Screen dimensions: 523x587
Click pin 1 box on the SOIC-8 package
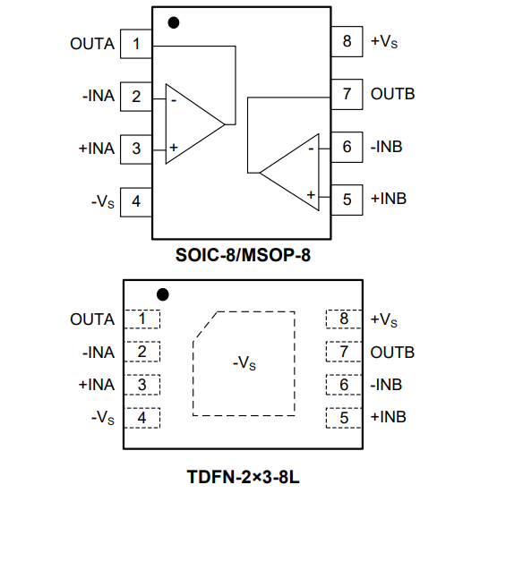click(136, 44)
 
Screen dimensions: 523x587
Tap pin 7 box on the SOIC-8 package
click(347, 94)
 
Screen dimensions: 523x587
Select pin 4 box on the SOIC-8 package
click(136, 202)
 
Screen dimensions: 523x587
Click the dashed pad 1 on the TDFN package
click(142, 319)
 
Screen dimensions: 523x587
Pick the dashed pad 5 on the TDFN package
click(344, 418)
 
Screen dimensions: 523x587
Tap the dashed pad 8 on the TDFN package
click(344, 319)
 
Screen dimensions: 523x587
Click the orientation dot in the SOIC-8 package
click(174, 23)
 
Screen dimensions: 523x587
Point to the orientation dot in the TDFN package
click(163, 294)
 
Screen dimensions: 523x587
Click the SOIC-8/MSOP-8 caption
click(244, 255)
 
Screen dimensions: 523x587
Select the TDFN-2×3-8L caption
click(244, 477)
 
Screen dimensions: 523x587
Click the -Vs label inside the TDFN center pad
click(244, 363)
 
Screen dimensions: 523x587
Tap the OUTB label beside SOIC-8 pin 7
click(392, 94)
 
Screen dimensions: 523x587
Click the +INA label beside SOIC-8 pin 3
click(97, 149)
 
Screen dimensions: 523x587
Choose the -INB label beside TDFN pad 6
click(386, 385)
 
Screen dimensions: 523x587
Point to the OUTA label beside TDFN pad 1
click(92, 319)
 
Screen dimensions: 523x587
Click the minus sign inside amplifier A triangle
click(174, 100)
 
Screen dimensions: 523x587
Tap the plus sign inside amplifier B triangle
click(311, 195)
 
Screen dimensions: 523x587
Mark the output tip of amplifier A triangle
click(225, 124)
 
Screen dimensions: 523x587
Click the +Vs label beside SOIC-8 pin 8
click(384, 41)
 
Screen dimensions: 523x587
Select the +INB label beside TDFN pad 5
click(388, 417)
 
